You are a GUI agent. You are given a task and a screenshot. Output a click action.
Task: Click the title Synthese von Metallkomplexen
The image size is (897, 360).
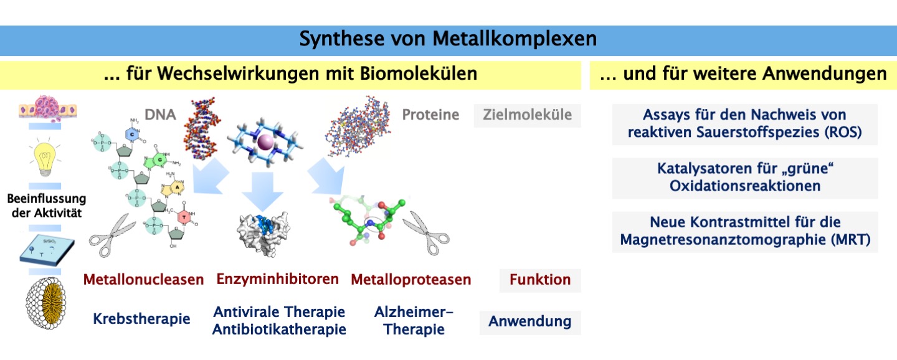448,39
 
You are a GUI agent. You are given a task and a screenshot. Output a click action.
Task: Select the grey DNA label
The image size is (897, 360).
160,115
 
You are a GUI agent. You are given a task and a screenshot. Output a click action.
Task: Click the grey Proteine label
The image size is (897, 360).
430,115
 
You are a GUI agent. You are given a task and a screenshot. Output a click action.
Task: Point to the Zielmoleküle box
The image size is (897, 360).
527,115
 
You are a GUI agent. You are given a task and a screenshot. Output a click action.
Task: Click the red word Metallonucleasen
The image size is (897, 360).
143,280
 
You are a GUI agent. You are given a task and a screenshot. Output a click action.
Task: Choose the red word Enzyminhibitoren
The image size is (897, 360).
277,279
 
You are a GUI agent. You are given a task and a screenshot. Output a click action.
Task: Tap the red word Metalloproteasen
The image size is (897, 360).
411,280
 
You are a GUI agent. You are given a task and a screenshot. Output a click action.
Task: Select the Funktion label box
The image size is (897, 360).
539,280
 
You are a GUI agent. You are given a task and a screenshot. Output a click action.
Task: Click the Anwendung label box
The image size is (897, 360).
529,322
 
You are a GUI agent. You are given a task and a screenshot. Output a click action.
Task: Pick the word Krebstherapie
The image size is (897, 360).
141,320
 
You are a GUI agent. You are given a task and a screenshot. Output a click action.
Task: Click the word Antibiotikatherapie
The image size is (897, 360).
278,329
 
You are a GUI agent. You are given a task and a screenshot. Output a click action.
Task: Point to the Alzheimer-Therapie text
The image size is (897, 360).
414,320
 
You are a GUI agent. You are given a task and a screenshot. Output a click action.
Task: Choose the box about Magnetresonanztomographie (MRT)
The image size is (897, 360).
744,231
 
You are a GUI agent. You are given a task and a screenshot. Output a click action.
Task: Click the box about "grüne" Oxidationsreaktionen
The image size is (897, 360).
744,178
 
